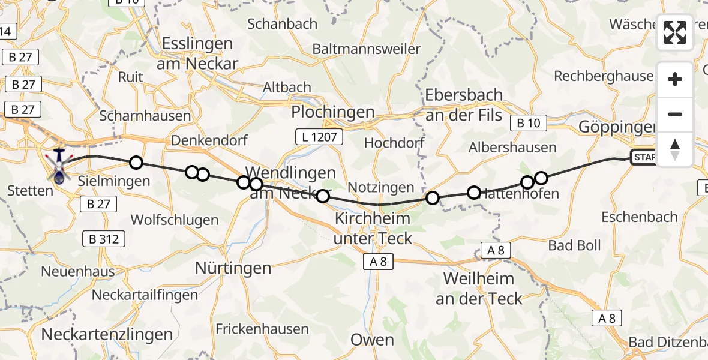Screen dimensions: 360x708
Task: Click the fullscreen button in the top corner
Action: pyautogui.click(x=675, y=32)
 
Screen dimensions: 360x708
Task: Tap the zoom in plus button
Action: pyautogui.click(x=675, y=79)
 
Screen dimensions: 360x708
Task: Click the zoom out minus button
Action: pyautogui.click(x=675, y=114)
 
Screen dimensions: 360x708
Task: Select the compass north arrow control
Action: pyautogui.click(x=675, y=149)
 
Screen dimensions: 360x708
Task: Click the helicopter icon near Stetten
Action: pyautogui.click(x=59, y=166)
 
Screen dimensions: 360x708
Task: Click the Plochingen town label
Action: pyautogui.click(x=332, y=112)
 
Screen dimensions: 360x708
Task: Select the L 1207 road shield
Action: pyautogui.click(x=319, y=137)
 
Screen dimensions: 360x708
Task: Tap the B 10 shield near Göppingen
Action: pyautogui.click(x=528, y=123)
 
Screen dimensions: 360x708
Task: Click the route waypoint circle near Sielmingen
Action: pyautogui.click(x=136, y=162)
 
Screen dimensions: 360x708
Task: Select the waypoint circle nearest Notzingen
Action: pyautogui.click(x=432, y=197)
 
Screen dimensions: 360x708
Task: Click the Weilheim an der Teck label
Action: pyautogui.click(x=478, y=289)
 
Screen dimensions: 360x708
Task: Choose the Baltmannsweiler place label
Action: pyautogui.click(x=366, y=49)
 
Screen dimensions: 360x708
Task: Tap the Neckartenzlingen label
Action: pyautogui.click(x=108, y=334)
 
